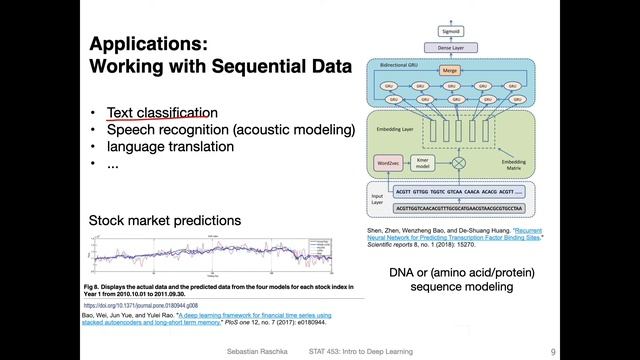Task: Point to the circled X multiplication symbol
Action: point(460,162)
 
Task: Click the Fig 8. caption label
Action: point(93,285)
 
